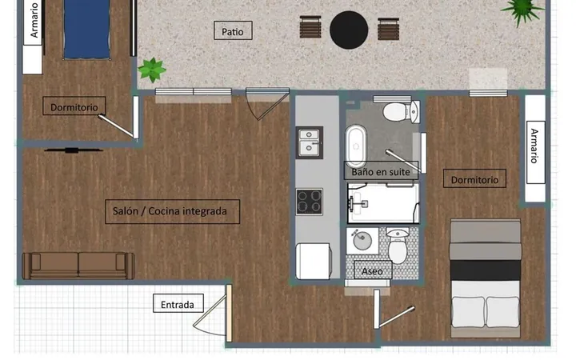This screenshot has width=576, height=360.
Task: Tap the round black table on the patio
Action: pos(349,30)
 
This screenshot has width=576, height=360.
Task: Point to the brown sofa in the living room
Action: pos(78,266)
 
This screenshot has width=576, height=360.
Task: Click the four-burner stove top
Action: pos(310,202)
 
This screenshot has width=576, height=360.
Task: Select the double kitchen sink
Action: pos(310,142)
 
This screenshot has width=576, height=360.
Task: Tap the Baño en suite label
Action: pos(381,171)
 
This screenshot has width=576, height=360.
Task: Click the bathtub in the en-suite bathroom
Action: pos(355,146)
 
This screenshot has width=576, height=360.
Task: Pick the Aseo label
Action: pos(373,270)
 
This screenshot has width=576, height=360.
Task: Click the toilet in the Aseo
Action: pos(398,245)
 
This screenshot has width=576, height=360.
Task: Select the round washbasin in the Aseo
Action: pos(362,241)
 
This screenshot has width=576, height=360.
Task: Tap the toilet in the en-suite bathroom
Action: pos(401,112)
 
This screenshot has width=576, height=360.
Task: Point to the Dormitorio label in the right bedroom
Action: pos(474,179)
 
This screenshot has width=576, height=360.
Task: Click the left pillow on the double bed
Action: pos(468,312)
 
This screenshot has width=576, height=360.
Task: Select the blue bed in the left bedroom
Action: pos(86,30)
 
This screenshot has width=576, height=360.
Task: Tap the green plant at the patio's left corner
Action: pos(152,70)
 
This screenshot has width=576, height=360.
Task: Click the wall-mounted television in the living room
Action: pos(73,150)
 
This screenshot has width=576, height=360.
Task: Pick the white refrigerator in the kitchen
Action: pos(314,261)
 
